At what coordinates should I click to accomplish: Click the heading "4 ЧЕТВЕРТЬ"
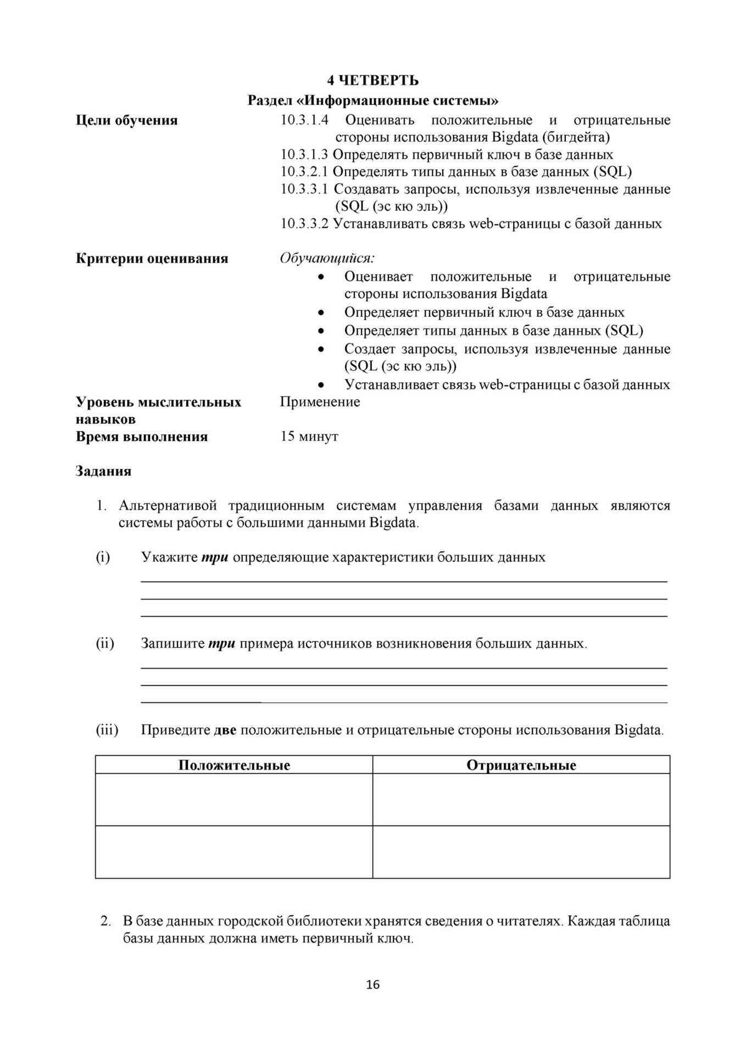click(372, 81)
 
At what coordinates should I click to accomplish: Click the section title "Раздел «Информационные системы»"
click(372, 101)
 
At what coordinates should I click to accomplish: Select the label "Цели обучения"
click(126, 120)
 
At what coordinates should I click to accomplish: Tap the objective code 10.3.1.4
click(304, 120)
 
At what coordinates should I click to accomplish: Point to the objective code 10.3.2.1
click(304, 172)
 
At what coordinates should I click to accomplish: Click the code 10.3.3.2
click(304, 223)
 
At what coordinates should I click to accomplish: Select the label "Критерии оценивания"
click(152, 259)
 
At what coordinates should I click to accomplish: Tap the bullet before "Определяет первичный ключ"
click(321, 313)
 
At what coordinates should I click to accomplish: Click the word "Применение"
click(320, 402)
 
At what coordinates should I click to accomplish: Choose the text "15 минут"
click(309, 436)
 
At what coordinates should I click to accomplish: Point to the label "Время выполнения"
click(141, 437)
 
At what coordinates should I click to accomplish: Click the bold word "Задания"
click(103, 471)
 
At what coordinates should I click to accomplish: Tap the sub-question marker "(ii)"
click(105, 643)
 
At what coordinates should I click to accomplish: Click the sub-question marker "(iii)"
click(107, 730)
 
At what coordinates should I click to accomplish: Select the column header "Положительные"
click(234, 765)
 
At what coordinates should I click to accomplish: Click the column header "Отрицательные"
click(521, 765)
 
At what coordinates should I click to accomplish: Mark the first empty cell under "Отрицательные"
click(521, 799)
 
